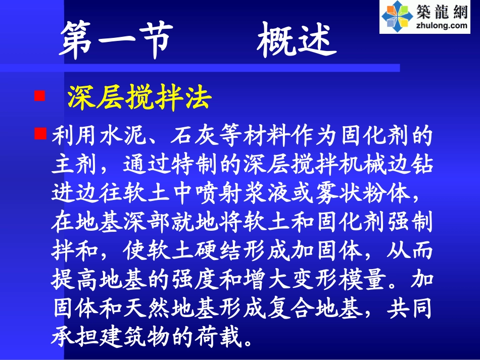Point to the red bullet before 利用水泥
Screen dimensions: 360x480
tap(40, 134)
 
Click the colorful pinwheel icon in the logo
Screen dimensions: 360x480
tap(397, 16)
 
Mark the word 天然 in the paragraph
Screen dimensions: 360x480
tap(148, 308)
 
